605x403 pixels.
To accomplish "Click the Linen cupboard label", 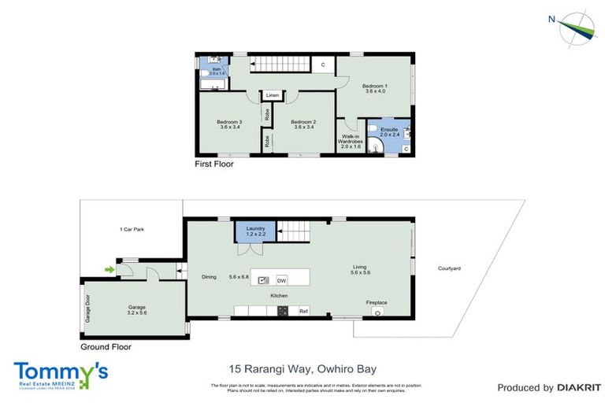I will pyautogui.click(x=272, y=95).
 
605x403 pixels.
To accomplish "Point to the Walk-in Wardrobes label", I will pyautogui.click(x=351, y=142).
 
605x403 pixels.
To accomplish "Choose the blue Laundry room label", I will pyautogui.click(x=256, y=230).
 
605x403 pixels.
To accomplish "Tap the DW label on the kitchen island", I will pyautogui.click(x=281, y=279).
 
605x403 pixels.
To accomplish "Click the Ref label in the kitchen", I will pyautogui.click(x=302, y=312).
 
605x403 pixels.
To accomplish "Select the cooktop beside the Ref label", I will pyautogui.click(x=283, y=312).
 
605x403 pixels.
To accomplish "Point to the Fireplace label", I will pyautogui.click(x=377, y=302).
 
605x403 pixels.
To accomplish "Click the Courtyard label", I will pyautogui.click(x=450, y=268).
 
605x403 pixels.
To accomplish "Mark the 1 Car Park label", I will pyautogui.click(x=132, y=229).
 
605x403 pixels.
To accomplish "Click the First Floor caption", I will pyautogui.click(x=214, y=165).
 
